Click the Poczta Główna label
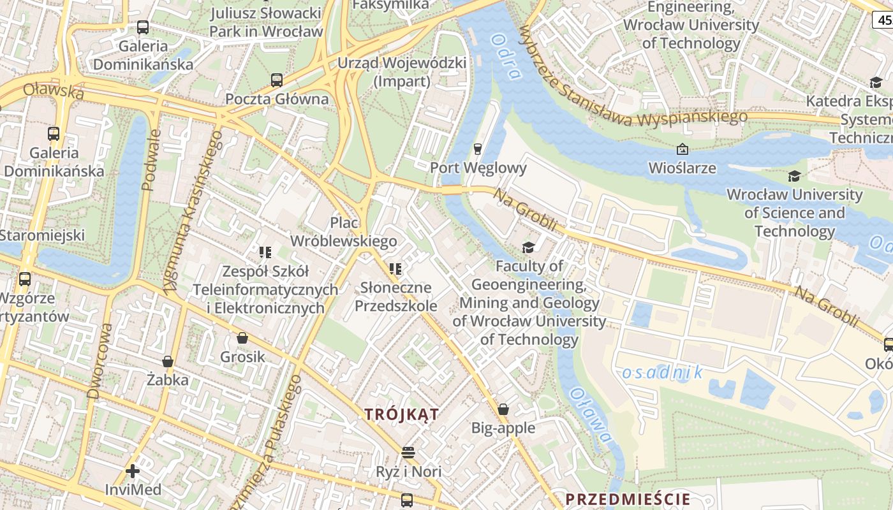pos(277,99)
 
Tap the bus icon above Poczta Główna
pos(277,80)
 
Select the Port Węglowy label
pos(478,168)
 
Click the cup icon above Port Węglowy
pos(477,149)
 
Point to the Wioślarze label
pos(682,168)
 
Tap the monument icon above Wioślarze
pos(682,150)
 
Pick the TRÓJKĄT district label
pos(402,414)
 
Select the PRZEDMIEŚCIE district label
pos(628,499)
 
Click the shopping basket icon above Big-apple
pos(503,409)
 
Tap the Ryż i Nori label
pos(409,472)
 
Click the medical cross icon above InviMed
pos(133,471)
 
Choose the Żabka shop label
pos(167,381)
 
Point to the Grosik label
pos(242,356)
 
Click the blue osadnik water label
pos(662,372)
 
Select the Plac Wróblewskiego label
pos(344,232)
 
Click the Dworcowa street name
pos(100,361)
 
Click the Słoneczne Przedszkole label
pos(396,296)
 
